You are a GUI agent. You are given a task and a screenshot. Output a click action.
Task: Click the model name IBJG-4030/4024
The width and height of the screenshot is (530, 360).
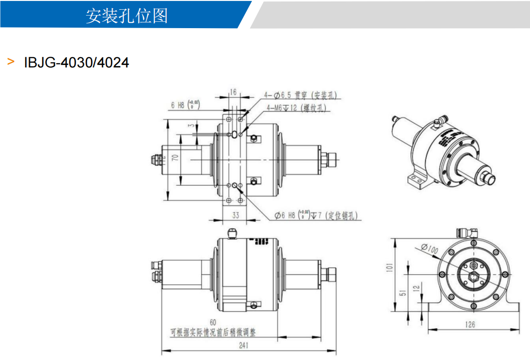click(77, 63)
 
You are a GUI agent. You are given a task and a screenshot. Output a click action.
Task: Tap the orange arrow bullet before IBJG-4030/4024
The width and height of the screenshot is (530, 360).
click(11, 62)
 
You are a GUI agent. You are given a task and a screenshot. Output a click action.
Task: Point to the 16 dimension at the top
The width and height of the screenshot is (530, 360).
click(233, 92)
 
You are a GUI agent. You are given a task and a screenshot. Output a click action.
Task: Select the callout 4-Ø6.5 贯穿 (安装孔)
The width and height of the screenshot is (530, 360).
click(300, 95)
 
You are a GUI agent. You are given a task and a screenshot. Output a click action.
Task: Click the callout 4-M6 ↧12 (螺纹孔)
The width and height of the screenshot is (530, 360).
click(297, 108)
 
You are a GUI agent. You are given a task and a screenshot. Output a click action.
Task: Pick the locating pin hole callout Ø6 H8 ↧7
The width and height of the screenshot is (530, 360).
click(315, 215)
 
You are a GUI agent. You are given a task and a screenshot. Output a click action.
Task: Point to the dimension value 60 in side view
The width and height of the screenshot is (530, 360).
click(213, 323)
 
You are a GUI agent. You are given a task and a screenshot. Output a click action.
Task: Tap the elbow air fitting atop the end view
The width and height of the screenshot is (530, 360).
click(467, 233)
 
